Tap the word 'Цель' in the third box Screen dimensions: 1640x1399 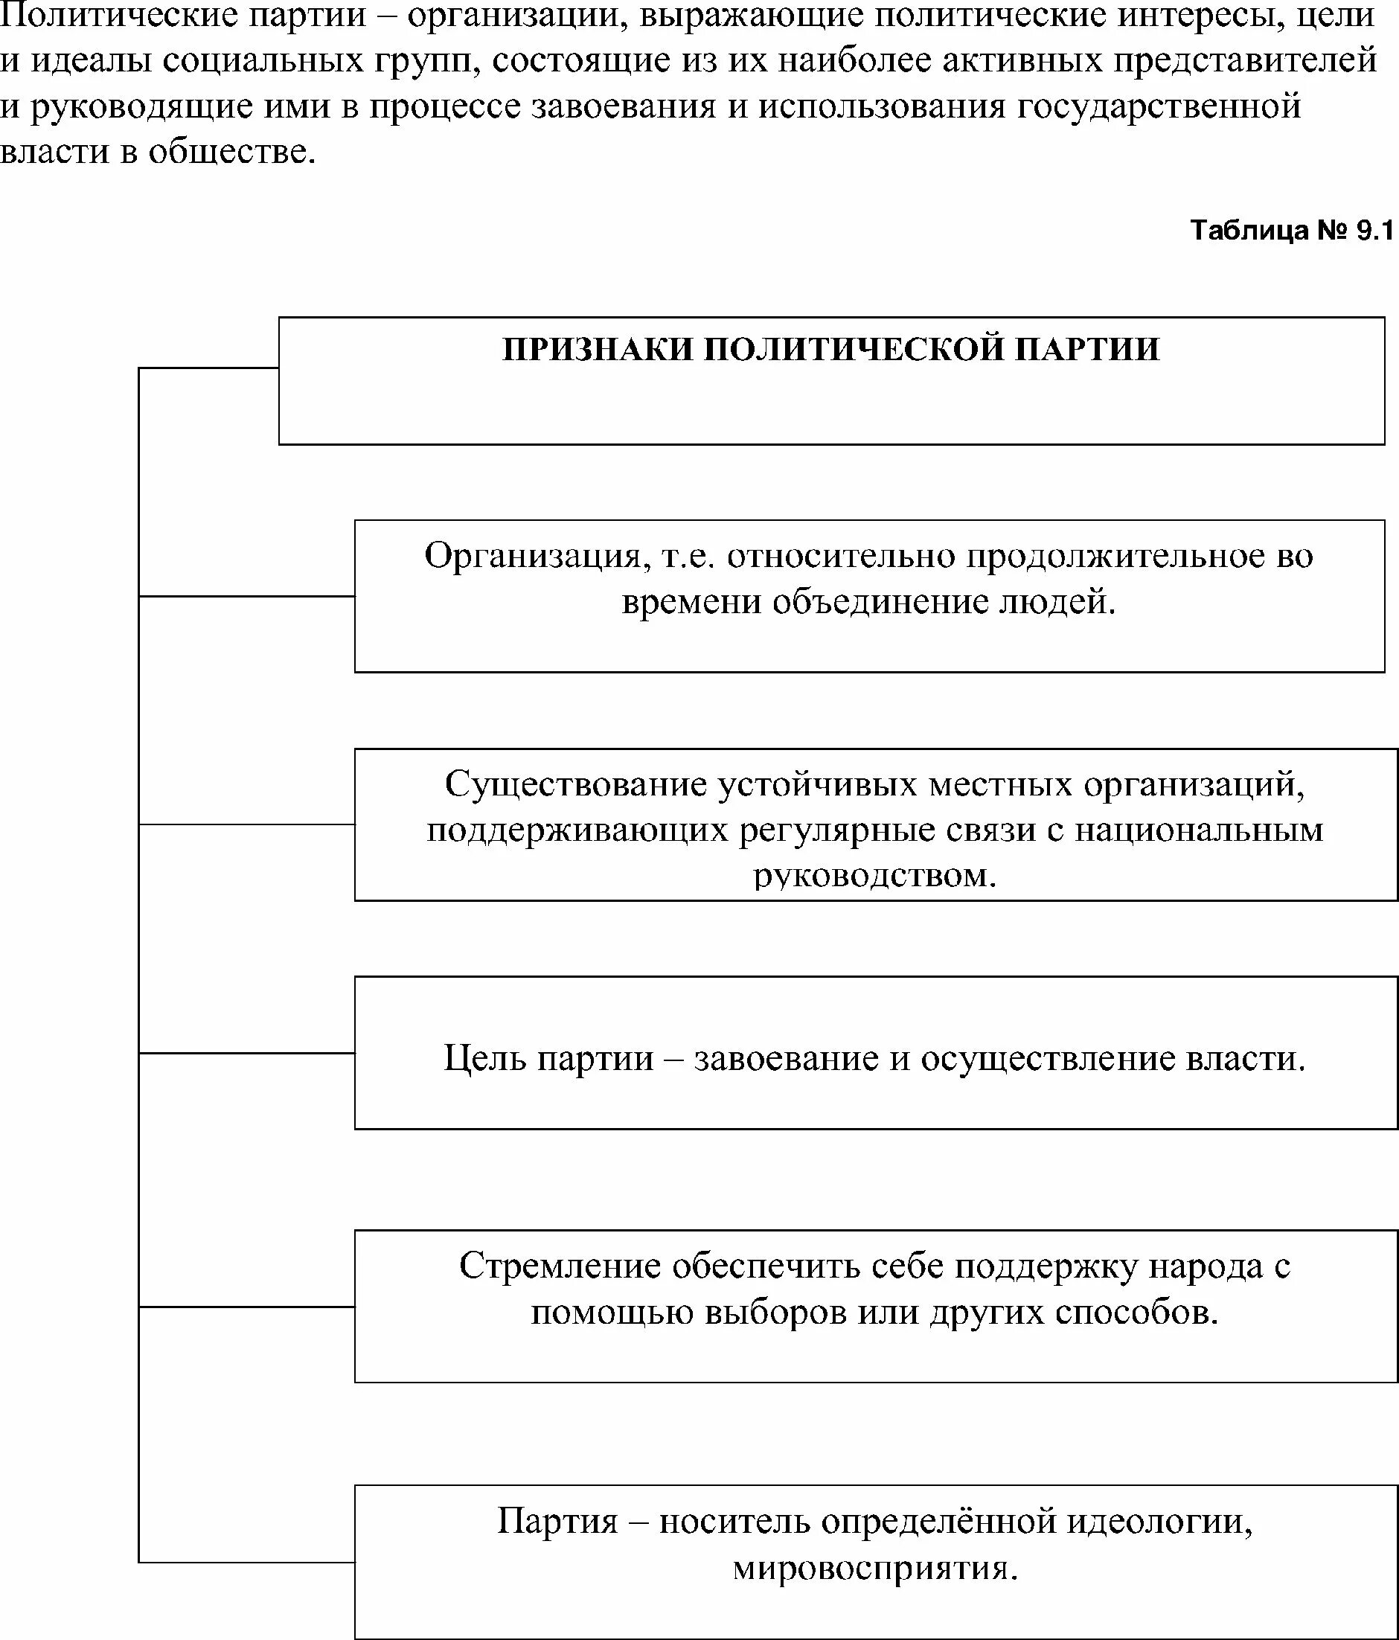coord(484,1058)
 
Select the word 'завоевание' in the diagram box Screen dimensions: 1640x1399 coord(787,1059)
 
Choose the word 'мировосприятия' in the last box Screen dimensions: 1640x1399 coord(874,1567)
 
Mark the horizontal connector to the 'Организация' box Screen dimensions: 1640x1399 coord(246,596)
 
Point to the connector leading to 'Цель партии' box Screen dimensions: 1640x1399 coord(246,1053)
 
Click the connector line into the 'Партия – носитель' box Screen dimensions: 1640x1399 coord(246,1563)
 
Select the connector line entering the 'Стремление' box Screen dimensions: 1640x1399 coord(246,1307)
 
